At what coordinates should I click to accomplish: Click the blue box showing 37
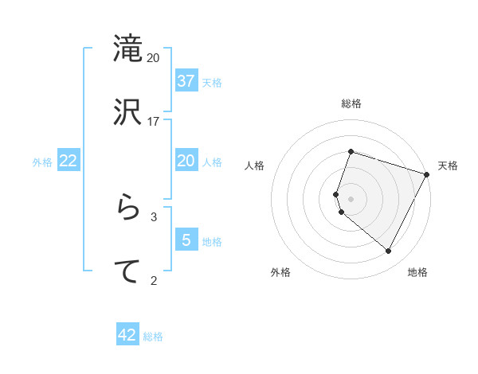point(186,80)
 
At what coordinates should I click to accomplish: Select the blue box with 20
point(186,161)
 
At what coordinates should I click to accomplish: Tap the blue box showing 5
point(186,240)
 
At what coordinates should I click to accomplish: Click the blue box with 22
point(69,161)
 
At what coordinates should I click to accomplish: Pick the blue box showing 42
point(127,335)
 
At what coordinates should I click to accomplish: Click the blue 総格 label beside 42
point(153,337)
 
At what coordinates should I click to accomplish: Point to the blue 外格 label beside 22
point(42,162)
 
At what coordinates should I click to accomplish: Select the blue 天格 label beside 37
point(212,82)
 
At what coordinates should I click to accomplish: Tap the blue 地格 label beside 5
point(212,241)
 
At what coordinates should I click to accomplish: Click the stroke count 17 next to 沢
point(154,121)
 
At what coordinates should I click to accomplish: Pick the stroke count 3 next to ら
point(154,216)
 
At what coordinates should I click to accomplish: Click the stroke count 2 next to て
point(154,279)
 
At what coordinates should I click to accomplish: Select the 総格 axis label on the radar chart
point(351,103)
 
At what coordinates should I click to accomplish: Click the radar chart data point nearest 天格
point(427,174)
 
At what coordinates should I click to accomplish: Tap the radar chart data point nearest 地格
point(389,251)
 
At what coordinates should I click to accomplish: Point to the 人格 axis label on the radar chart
point(254,166)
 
